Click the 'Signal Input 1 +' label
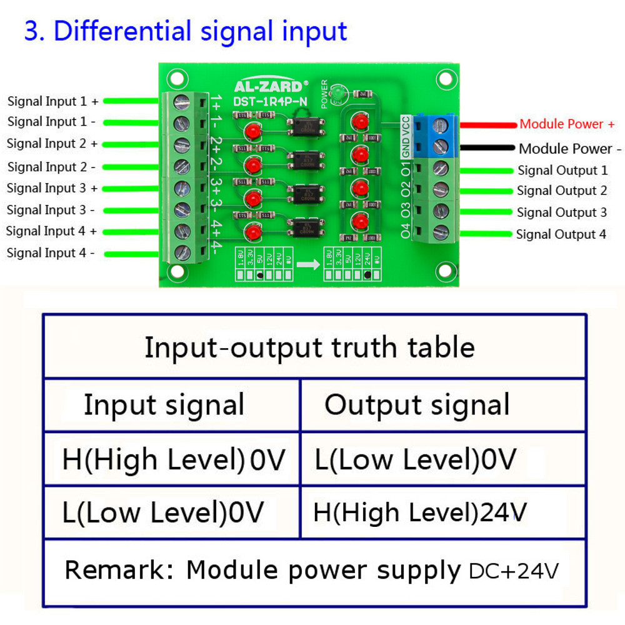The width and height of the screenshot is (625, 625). click(52, 101)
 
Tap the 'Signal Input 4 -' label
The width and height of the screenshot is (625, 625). click(51, 253)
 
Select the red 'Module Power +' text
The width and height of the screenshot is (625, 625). click(567, 124)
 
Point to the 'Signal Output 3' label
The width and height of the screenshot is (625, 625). click(561, 212)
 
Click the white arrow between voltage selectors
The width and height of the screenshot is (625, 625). click(307, 265)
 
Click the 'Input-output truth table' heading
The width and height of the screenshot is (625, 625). click(309, 347)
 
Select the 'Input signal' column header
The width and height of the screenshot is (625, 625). click(164, 405)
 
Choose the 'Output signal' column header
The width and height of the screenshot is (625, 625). click(417, 405)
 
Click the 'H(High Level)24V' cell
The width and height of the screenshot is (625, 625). click(420, 513)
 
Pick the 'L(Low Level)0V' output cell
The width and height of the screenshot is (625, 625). click(416, 460)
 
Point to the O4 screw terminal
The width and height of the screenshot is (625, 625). click(441, 232)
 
